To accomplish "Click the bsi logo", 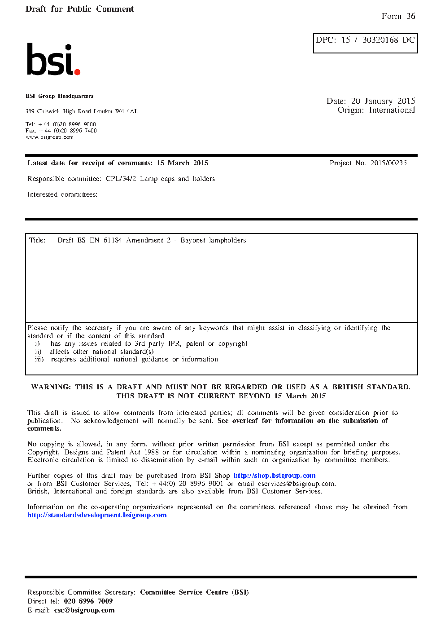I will [x=53, y=60].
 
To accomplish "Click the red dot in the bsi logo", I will [x=77, y=72].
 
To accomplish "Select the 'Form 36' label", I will [x=398, y=16].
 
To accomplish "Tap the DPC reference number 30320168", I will [x=380, y=40].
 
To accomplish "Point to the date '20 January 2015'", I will [x=383, y=101].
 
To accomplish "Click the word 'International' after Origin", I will [x=392, y=110].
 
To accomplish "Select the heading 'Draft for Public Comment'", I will [x=79, y=9].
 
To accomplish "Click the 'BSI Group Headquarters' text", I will [x=60, y=96].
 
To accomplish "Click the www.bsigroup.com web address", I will [x=49, y=137].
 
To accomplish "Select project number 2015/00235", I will [x=388, y=163].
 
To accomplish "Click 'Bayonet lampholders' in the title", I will [x=213, y=240].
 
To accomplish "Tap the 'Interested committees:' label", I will [x=62, y=194].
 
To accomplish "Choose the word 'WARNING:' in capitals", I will [x=51, y=387].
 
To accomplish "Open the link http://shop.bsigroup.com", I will [x=275, y=476].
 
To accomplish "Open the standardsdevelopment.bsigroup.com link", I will [x=97, y=515].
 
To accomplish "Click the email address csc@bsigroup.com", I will [x=84, y=610].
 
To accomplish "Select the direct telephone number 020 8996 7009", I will [x=88, y=601].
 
